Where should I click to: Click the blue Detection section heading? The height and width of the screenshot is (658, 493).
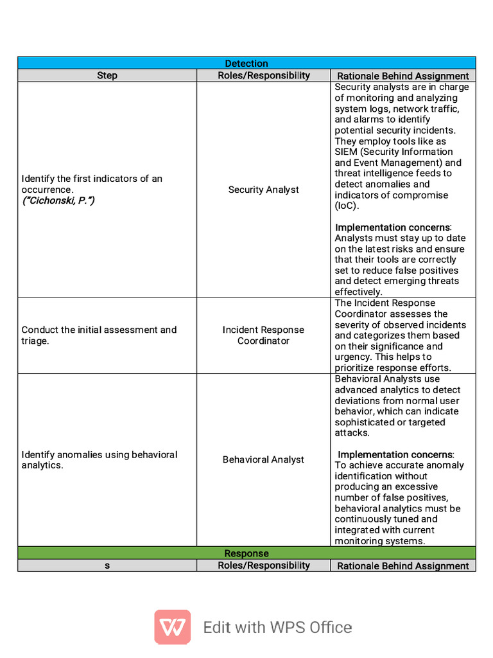coord(246,63)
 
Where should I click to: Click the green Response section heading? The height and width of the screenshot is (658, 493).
coord(246,553)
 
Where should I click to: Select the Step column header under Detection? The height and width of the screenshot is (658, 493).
coord(107,75)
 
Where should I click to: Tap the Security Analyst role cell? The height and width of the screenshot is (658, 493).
coord(263,190)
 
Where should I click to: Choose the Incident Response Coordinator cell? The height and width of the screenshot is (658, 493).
coord(263,335)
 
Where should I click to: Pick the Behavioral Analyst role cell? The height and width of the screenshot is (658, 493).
coord(263,459)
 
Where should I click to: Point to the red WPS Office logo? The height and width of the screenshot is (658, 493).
coord(172,627)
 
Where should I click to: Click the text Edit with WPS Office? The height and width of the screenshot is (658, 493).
coord(277,627)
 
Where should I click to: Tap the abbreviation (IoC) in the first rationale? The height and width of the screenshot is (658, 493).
coord(347,206)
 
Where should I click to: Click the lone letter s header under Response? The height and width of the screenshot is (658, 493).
coord(107,565)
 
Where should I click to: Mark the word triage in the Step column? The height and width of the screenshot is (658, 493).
coord(35,341)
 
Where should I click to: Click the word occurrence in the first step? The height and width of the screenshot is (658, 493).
coord(47,190)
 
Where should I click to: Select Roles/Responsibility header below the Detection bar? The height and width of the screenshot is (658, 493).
coord(263,75)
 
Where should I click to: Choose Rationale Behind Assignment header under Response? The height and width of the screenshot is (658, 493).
coord(402,565)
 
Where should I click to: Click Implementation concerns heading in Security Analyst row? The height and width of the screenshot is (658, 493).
coord(393,227)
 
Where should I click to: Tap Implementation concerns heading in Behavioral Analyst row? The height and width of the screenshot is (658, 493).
coord(395,454)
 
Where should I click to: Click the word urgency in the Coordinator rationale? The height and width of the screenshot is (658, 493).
coord(350,357)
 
